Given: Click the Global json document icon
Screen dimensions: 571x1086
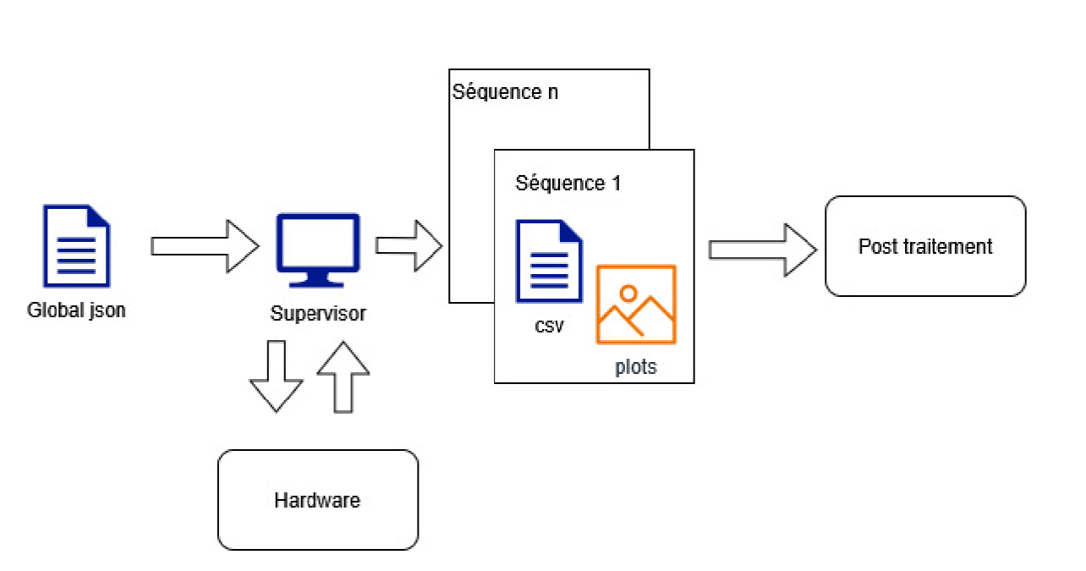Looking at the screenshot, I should point(77,244).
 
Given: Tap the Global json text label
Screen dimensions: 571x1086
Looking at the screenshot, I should point(76,310).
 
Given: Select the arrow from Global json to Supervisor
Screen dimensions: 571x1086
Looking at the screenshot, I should point(205,246).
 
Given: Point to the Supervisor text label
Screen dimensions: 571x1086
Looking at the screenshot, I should point(318,314).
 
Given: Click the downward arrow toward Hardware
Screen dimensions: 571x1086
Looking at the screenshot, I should point(276,376).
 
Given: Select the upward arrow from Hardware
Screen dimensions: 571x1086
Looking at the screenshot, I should point(343,376).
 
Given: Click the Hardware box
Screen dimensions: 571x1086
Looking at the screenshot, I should point(318,500).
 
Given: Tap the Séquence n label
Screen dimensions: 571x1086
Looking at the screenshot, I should point(505,92).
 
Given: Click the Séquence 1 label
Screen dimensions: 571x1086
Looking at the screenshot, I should point(568,184).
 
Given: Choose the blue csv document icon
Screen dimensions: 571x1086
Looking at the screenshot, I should point(549,261).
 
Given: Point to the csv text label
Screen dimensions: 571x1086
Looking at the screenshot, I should point(549,325).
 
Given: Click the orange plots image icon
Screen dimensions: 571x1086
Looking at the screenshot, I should point(636,304).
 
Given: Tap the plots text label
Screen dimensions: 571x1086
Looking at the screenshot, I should point(636,368).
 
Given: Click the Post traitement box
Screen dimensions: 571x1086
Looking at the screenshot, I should point(925,246).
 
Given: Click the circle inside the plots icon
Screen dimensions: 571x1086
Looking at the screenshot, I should point(628,294).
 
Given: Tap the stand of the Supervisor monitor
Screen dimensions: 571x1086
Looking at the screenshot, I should point(318,280).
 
